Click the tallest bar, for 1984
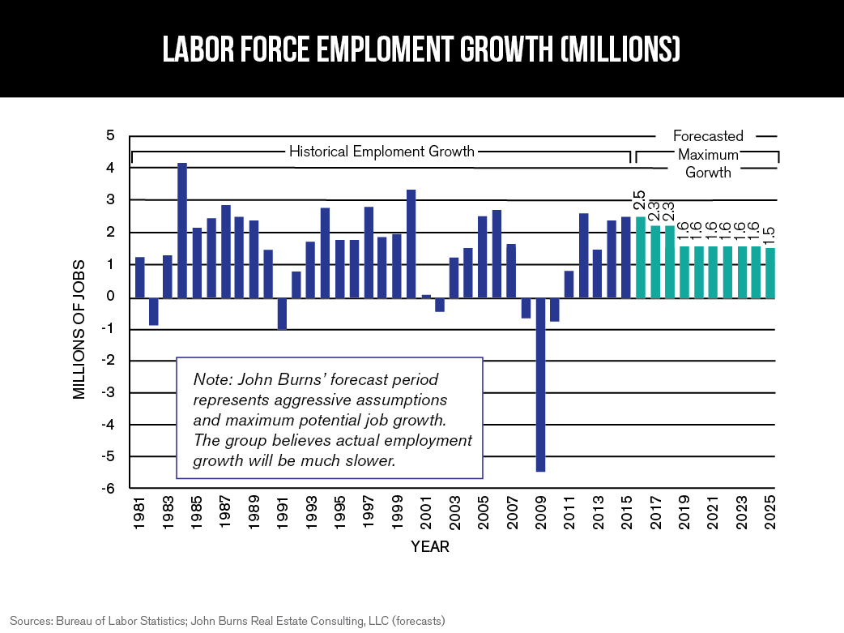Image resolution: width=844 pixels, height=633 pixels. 182,230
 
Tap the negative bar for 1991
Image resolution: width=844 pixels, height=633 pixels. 283,313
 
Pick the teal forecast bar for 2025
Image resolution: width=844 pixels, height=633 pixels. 769,273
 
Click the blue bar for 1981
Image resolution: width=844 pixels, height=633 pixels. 139,277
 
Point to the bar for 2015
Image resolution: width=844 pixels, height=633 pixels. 626,257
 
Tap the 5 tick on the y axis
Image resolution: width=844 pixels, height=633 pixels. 109,135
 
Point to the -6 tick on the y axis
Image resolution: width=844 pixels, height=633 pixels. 107,490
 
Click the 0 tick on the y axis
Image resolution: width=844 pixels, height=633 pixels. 109,297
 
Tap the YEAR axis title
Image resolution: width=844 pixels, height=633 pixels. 430,547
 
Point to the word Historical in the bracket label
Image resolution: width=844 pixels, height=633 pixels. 320,152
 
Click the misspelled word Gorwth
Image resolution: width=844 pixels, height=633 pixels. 709,172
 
